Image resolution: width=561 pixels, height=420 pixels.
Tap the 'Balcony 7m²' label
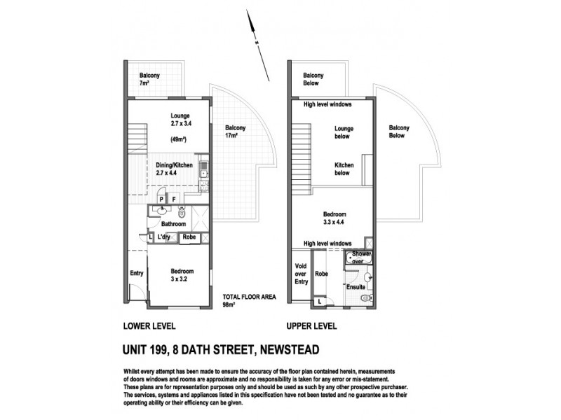[150, 79]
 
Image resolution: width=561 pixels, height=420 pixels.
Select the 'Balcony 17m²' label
[235, 132]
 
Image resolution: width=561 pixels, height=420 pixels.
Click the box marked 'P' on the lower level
[161, 198]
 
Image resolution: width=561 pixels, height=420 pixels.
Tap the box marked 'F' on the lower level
[174, 198]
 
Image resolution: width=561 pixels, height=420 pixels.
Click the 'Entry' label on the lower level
[137, 273]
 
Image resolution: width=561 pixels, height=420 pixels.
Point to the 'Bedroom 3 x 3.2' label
[182, 275]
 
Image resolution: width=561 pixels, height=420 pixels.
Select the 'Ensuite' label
[356, 286]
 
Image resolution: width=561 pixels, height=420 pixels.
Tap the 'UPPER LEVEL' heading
[312, 326]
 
